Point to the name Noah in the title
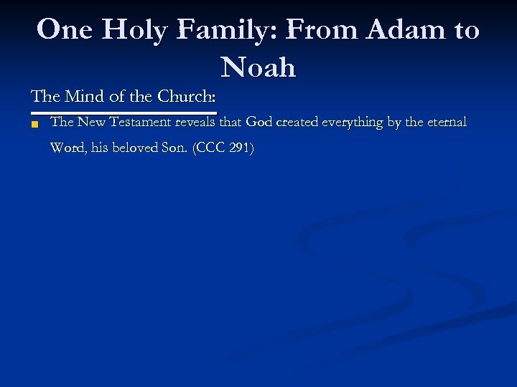point(258,67)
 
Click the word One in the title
point(66,30)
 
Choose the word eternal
point(445,123)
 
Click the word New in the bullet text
point(91,123)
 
